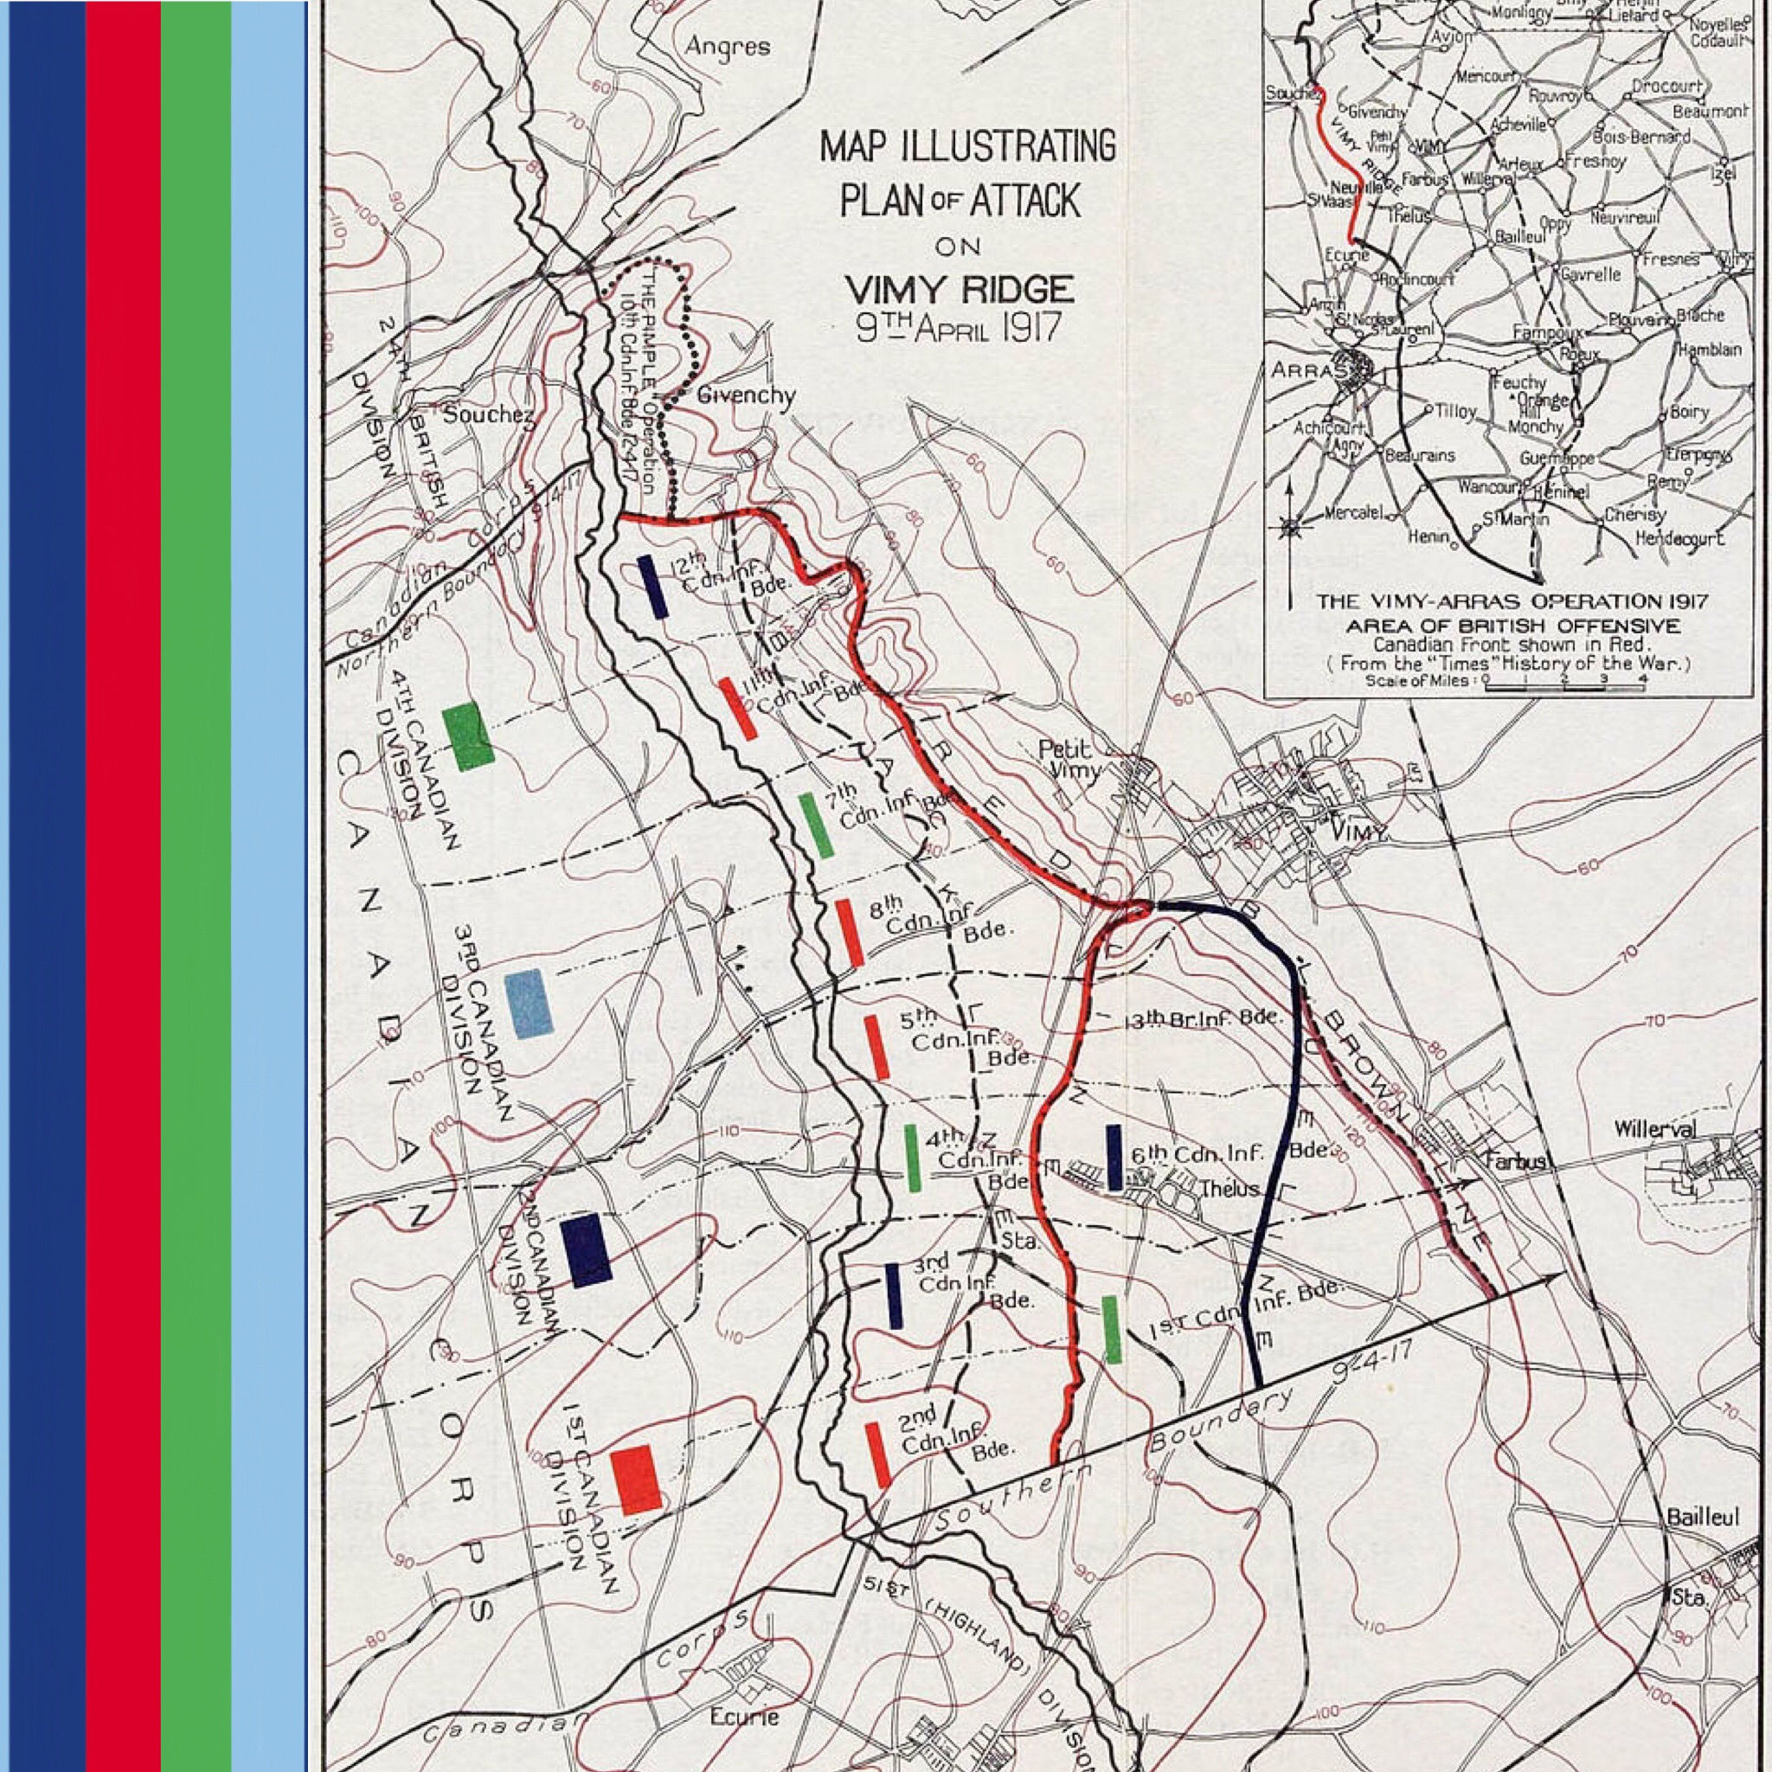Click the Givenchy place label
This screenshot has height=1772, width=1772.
[746, 395]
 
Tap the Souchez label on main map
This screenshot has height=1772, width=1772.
[489, 414]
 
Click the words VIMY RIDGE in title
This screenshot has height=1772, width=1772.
[960, 290]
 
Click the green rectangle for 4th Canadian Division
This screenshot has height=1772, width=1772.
[468, 735]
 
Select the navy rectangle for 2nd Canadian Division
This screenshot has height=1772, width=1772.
[586, 1249]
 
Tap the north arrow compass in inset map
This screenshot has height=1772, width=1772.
[1289, 528]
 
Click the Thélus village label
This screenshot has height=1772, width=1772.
[1232, 1189]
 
